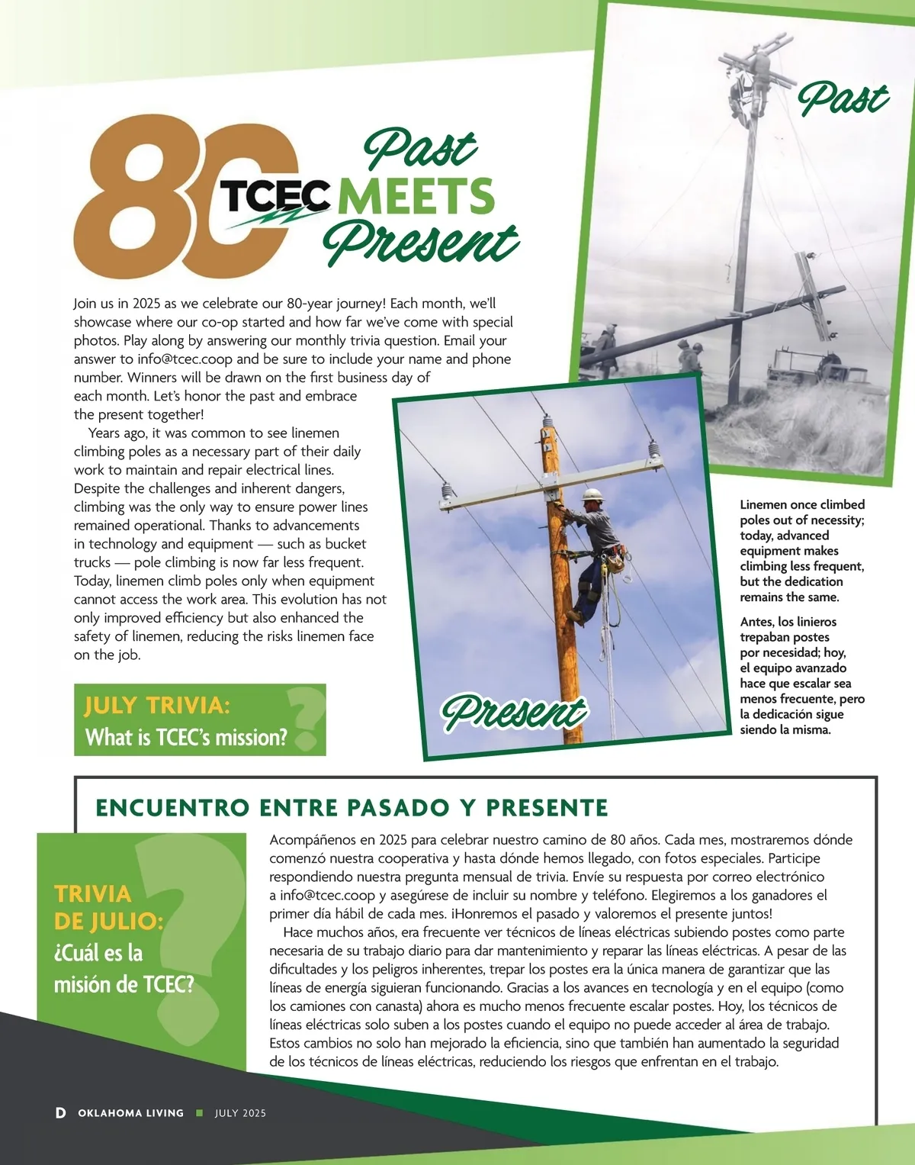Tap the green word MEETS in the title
[x=416, y=196]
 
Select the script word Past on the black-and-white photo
[x=843, y=99]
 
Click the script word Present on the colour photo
[x=515, y=711]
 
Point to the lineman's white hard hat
[x=592, y=495]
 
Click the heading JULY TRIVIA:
[x=157, y=705]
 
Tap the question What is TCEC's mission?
[x=187, y=737]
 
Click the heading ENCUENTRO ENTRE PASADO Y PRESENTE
[x=352, y=807]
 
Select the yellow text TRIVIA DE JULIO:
[x=108, y=907]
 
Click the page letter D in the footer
[x=61, y=1113]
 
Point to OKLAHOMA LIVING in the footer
[x=130, y=1113]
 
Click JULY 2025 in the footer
[x=240, y=1113]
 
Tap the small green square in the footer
[x=200, y=1113]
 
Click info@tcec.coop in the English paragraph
[x=185, y=359]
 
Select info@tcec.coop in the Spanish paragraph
[x=327, y=896]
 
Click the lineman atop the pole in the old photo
[x=741, y=95]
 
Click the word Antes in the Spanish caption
[x=756, y=622]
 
